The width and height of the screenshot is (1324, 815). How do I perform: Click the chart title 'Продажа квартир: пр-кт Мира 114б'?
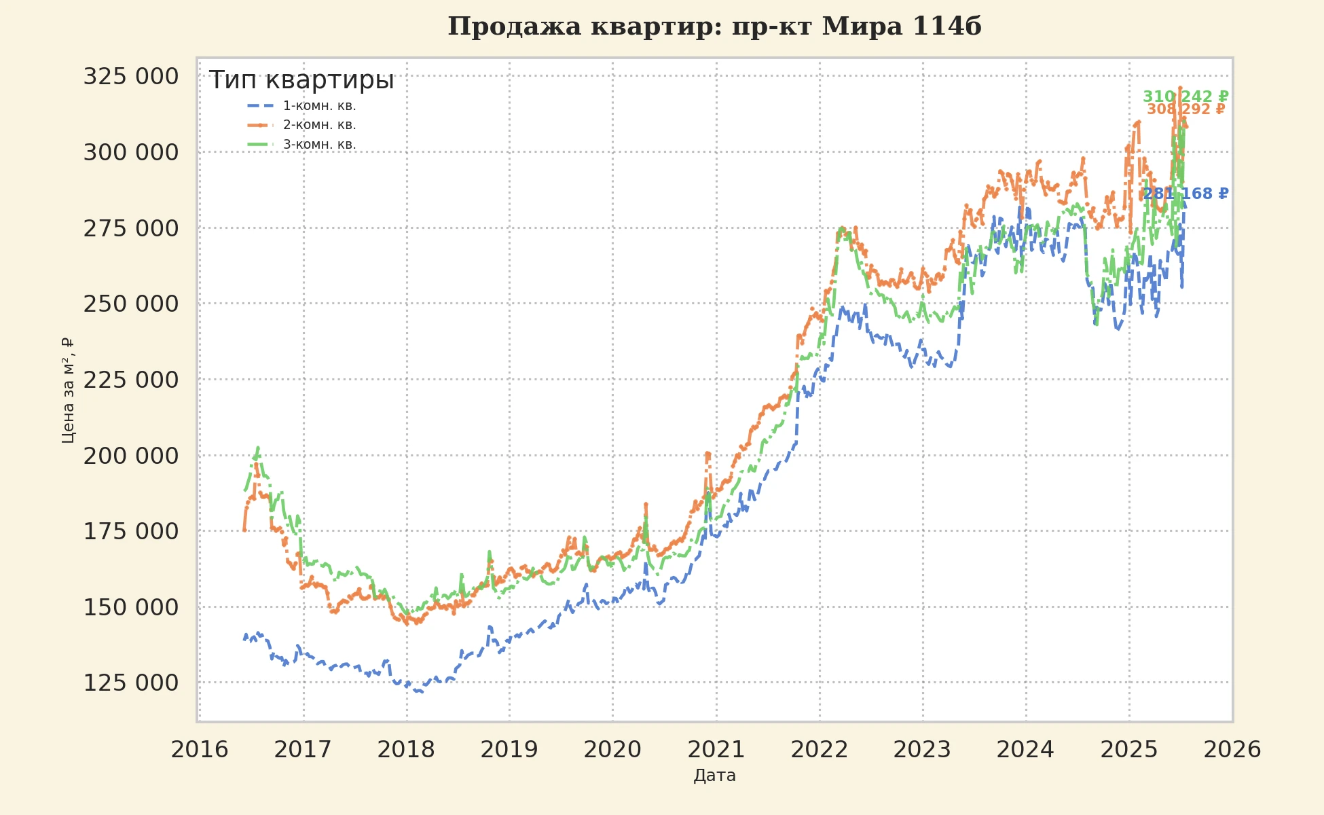[714, 26]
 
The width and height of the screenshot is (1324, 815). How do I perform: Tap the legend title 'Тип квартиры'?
[301, 80]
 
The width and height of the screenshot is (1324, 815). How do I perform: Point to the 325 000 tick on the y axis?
[131, 77]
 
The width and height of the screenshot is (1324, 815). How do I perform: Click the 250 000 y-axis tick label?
[131, 304]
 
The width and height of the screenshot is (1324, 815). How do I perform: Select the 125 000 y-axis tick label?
[131, 683]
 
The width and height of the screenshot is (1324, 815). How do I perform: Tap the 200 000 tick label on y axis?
[131, 456]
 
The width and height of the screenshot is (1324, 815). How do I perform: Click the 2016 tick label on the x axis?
[200, 750]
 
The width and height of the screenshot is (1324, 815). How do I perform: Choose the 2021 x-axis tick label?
[716, 750]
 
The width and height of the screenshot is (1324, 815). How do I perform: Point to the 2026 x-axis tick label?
[1232, 750]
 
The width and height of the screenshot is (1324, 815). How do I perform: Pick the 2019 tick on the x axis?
[509, 750]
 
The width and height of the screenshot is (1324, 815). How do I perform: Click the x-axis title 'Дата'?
[714, 776]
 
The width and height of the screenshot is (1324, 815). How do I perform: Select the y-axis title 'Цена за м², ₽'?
[68, 391]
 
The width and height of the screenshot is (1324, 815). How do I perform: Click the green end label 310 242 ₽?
[1185, 96]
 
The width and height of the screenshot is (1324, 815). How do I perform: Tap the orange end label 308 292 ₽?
[1185, 109]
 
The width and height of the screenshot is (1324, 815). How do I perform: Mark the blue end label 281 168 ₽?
[1185, 194]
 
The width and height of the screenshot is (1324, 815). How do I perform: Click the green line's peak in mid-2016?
[258, 448]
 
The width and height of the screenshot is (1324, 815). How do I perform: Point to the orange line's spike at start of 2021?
[707, 453]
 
